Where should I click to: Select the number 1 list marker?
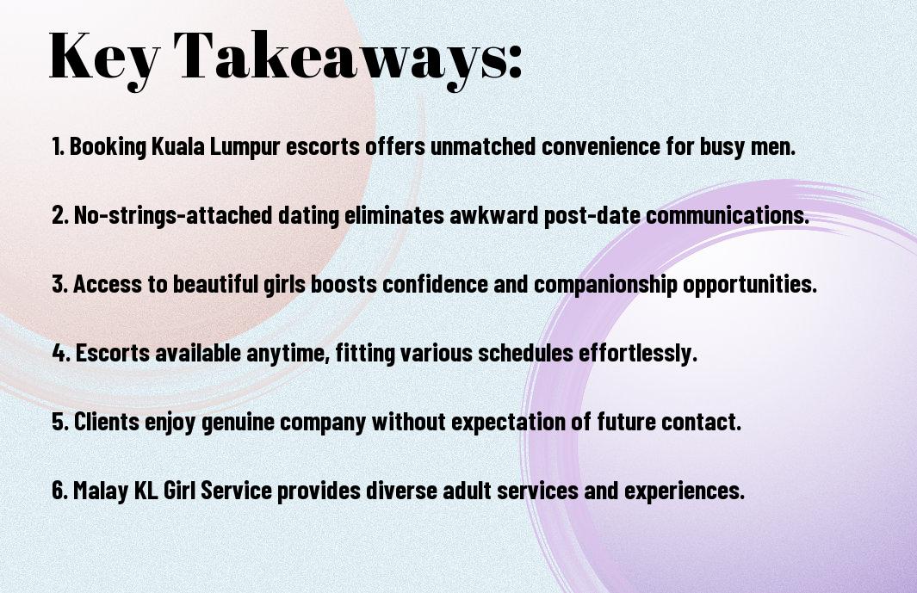(58, 146)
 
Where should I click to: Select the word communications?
(728, 215)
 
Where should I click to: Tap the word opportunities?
(750, 285)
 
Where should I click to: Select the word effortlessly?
(638, 354)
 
